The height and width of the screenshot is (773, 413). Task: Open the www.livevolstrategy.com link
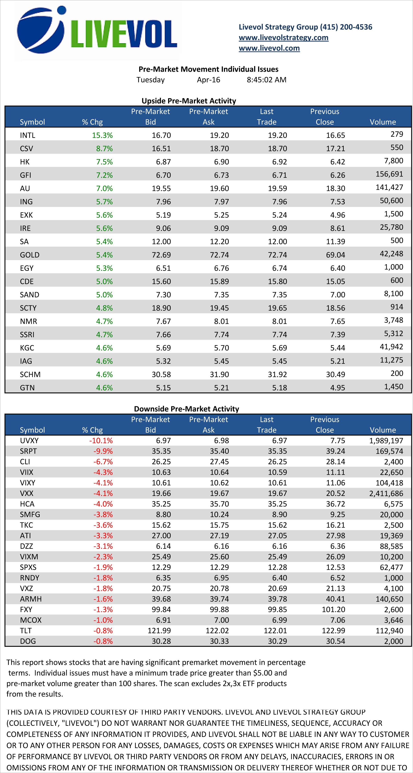click(284, 37)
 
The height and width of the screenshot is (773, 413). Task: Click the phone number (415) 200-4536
click(346, 27)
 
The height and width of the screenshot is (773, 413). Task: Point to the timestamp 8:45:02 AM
click(266, 80)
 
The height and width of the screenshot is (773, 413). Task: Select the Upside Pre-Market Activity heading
click(189, 101)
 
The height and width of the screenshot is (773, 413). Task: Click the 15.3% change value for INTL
click(102, 135)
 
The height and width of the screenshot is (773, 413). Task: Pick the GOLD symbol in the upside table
click(30, 255)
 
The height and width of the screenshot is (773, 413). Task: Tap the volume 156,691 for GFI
click(389, 174)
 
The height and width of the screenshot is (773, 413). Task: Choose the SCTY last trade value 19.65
click(277, 308)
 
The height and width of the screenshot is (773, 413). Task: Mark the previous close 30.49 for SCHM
click(335, 375)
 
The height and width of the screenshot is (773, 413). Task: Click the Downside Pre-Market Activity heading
click(186, 409)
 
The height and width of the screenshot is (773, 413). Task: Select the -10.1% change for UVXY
click(101, 441)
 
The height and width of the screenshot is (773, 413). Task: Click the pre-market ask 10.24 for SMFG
click(219, 515)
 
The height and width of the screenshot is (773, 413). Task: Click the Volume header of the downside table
click(383, 430)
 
